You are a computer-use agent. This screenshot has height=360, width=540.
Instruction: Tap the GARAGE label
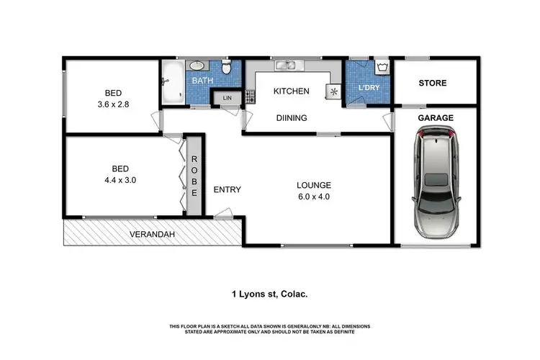coord(436,117)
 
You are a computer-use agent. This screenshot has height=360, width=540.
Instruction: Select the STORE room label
coord(433,84)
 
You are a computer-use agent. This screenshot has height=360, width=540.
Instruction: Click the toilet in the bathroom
coord(226,69)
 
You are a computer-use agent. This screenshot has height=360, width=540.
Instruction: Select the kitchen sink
coord(290,67)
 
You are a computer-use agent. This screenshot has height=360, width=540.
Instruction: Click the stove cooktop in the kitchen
coord(250,95)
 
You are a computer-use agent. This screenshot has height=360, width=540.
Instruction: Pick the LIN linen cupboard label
coord(228,98)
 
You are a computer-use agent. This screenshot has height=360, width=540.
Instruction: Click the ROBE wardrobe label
coord(193,175)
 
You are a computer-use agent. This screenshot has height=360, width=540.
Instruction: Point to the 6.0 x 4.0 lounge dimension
coord(313,196)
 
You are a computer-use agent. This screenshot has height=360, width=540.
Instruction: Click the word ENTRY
coord(228,190)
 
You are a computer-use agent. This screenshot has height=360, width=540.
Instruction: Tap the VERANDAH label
coord(152,235)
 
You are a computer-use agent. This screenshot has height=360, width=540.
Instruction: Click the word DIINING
coord(291,118)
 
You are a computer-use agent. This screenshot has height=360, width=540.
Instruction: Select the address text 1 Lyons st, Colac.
coord(269,294)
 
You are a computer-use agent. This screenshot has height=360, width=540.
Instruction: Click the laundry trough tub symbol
coord(382,69)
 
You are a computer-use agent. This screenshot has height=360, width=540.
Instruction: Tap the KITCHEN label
coord(291,91)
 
